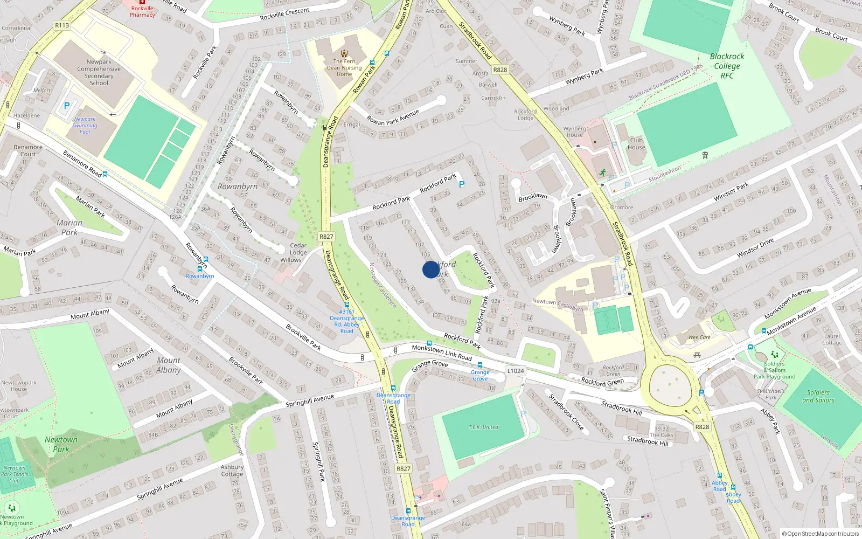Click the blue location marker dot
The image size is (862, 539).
pyautogui.click(x=430, y=269)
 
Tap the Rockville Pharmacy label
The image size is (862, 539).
pyautogui.click(x=142, y=12)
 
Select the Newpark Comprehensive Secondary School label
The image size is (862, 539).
pyautogui.click(x=99, y=73)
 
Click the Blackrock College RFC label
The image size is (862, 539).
pyautogui.click(x=727, y=66)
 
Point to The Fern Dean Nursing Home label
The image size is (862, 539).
pyautogui.click(x=344, y=68)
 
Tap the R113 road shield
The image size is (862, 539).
pyautogui.click(x=62, y=25)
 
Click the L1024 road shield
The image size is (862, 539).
pyautogui.click(x=516, y=371)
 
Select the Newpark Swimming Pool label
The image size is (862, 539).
pyautogui.click(x=85, y=126)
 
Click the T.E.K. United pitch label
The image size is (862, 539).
pyautogui.click(x=483, y=427)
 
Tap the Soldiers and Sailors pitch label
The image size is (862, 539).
pyautogui.click(x=818, y=396)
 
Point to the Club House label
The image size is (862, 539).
pyautogui.click(x=636, y=144)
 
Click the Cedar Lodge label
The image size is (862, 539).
pyautogui.click(x=298, y=249)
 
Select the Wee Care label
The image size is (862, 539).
pyautogui.click(x=699, y=337)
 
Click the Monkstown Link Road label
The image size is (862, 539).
pyautogui.click(x=442, y=353)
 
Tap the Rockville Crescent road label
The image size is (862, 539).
pyautogui.click(x=284, y=15)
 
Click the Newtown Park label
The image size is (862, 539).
pyautogui.click(x=61, y=444)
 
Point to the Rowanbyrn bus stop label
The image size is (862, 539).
pyautogui.click(x=200, y=276)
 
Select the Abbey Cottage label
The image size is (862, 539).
pyautogui.click(x=232, y=471)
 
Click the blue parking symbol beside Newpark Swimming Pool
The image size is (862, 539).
pyautogui.click(x=67, y=106)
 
